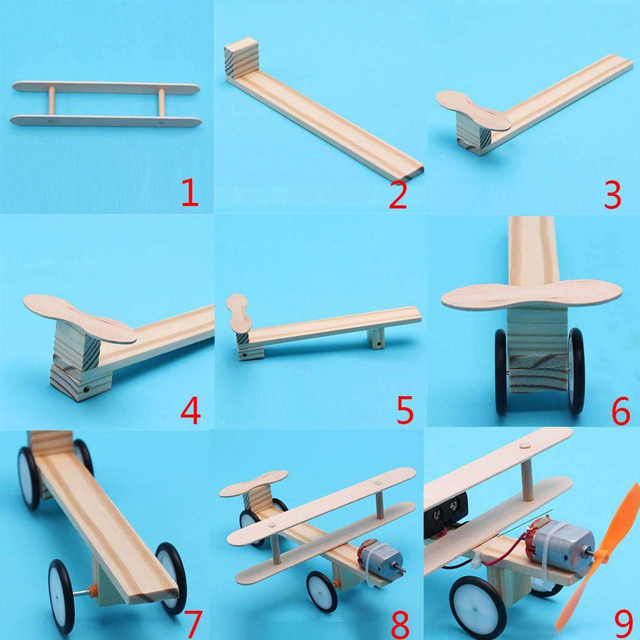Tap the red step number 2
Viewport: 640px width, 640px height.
coord(398,195)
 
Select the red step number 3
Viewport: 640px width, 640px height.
coord(612,195)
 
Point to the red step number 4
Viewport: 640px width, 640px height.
coord(191,410)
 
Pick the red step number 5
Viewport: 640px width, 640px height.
coord(405,409)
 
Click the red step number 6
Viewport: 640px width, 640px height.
coord(621,411)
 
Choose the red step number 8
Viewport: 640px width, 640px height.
coord(399,624)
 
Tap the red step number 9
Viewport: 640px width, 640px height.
coord(624,624)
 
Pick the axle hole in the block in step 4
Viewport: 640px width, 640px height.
coord(86,390)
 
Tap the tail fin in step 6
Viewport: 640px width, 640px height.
coord(532,295)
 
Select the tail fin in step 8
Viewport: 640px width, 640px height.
coord(254,483)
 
